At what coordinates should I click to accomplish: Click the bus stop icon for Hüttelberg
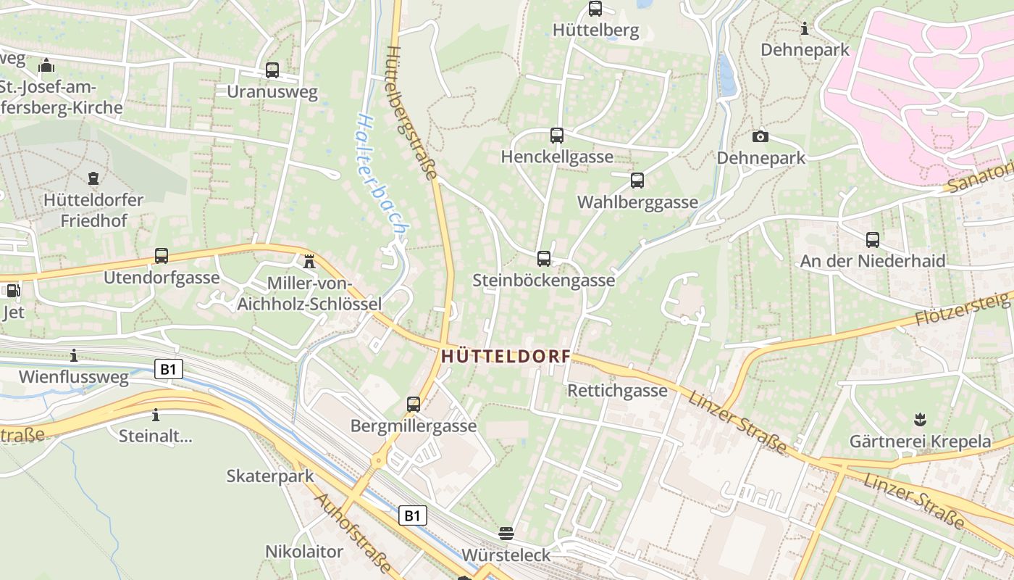click(x=595, y=9)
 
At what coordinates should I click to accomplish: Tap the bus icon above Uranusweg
click(x=272, y=70)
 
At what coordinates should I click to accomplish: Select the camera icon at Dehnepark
click(x=760, y=136)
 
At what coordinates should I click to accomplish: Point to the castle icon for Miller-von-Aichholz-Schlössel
click(x=310, y=261)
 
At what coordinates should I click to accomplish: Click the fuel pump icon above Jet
click(x=12, y=291)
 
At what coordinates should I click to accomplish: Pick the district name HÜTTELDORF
click(x=506, y=357)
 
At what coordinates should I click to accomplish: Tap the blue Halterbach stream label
click(x=382, y=174)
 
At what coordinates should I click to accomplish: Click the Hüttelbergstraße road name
click(x=411, y=112)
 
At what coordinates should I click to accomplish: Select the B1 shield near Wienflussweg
click(x=168, y=370)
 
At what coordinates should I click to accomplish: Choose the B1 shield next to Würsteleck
click(x=412, y=516)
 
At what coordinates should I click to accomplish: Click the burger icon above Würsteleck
click(x=506, y=534)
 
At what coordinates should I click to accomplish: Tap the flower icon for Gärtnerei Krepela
click(x=920, y=419)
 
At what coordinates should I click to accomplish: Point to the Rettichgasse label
click(x=618, y=391)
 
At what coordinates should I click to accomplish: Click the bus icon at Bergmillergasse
click(x=414, y=404)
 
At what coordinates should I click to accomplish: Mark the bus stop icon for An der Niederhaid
click(x=873, y=239)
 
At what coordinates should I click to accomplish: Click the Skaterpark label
click(x=270, y=476)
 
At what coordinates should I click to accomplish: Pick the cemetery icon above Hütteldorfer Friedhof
click(x=93, y=178)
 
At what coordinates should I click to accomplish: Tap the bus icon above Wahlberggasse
click(x=637, y=181)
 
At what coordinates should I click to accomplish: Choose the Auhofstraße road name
click(x=353, y=533)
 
